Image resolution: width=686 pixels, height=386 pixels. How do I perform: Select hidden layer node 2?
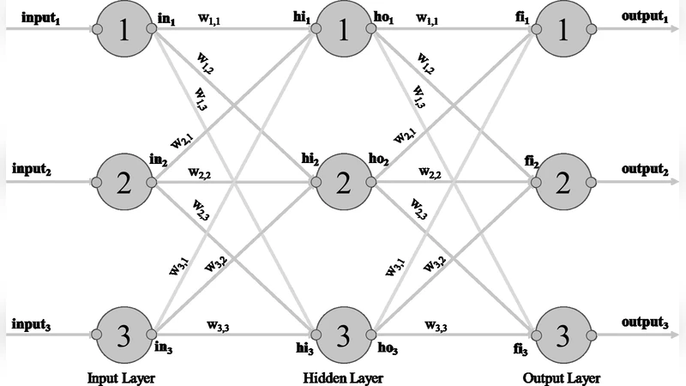343,182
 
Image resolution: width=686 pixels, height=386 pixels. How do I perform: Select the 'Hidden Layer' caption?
342,377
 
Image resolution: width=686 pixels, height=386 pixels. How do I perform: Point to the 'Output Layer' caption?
563,377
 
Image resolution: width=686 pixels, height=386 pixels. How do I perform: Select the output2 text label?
647,169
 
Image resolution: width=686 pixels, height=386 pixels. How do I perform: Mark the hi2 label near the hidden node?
310,160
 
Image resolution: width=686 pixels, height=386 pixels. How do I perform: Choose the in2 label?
158,160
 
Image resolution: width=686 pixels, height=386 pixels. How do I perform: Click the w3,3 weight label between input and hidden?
220,325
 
